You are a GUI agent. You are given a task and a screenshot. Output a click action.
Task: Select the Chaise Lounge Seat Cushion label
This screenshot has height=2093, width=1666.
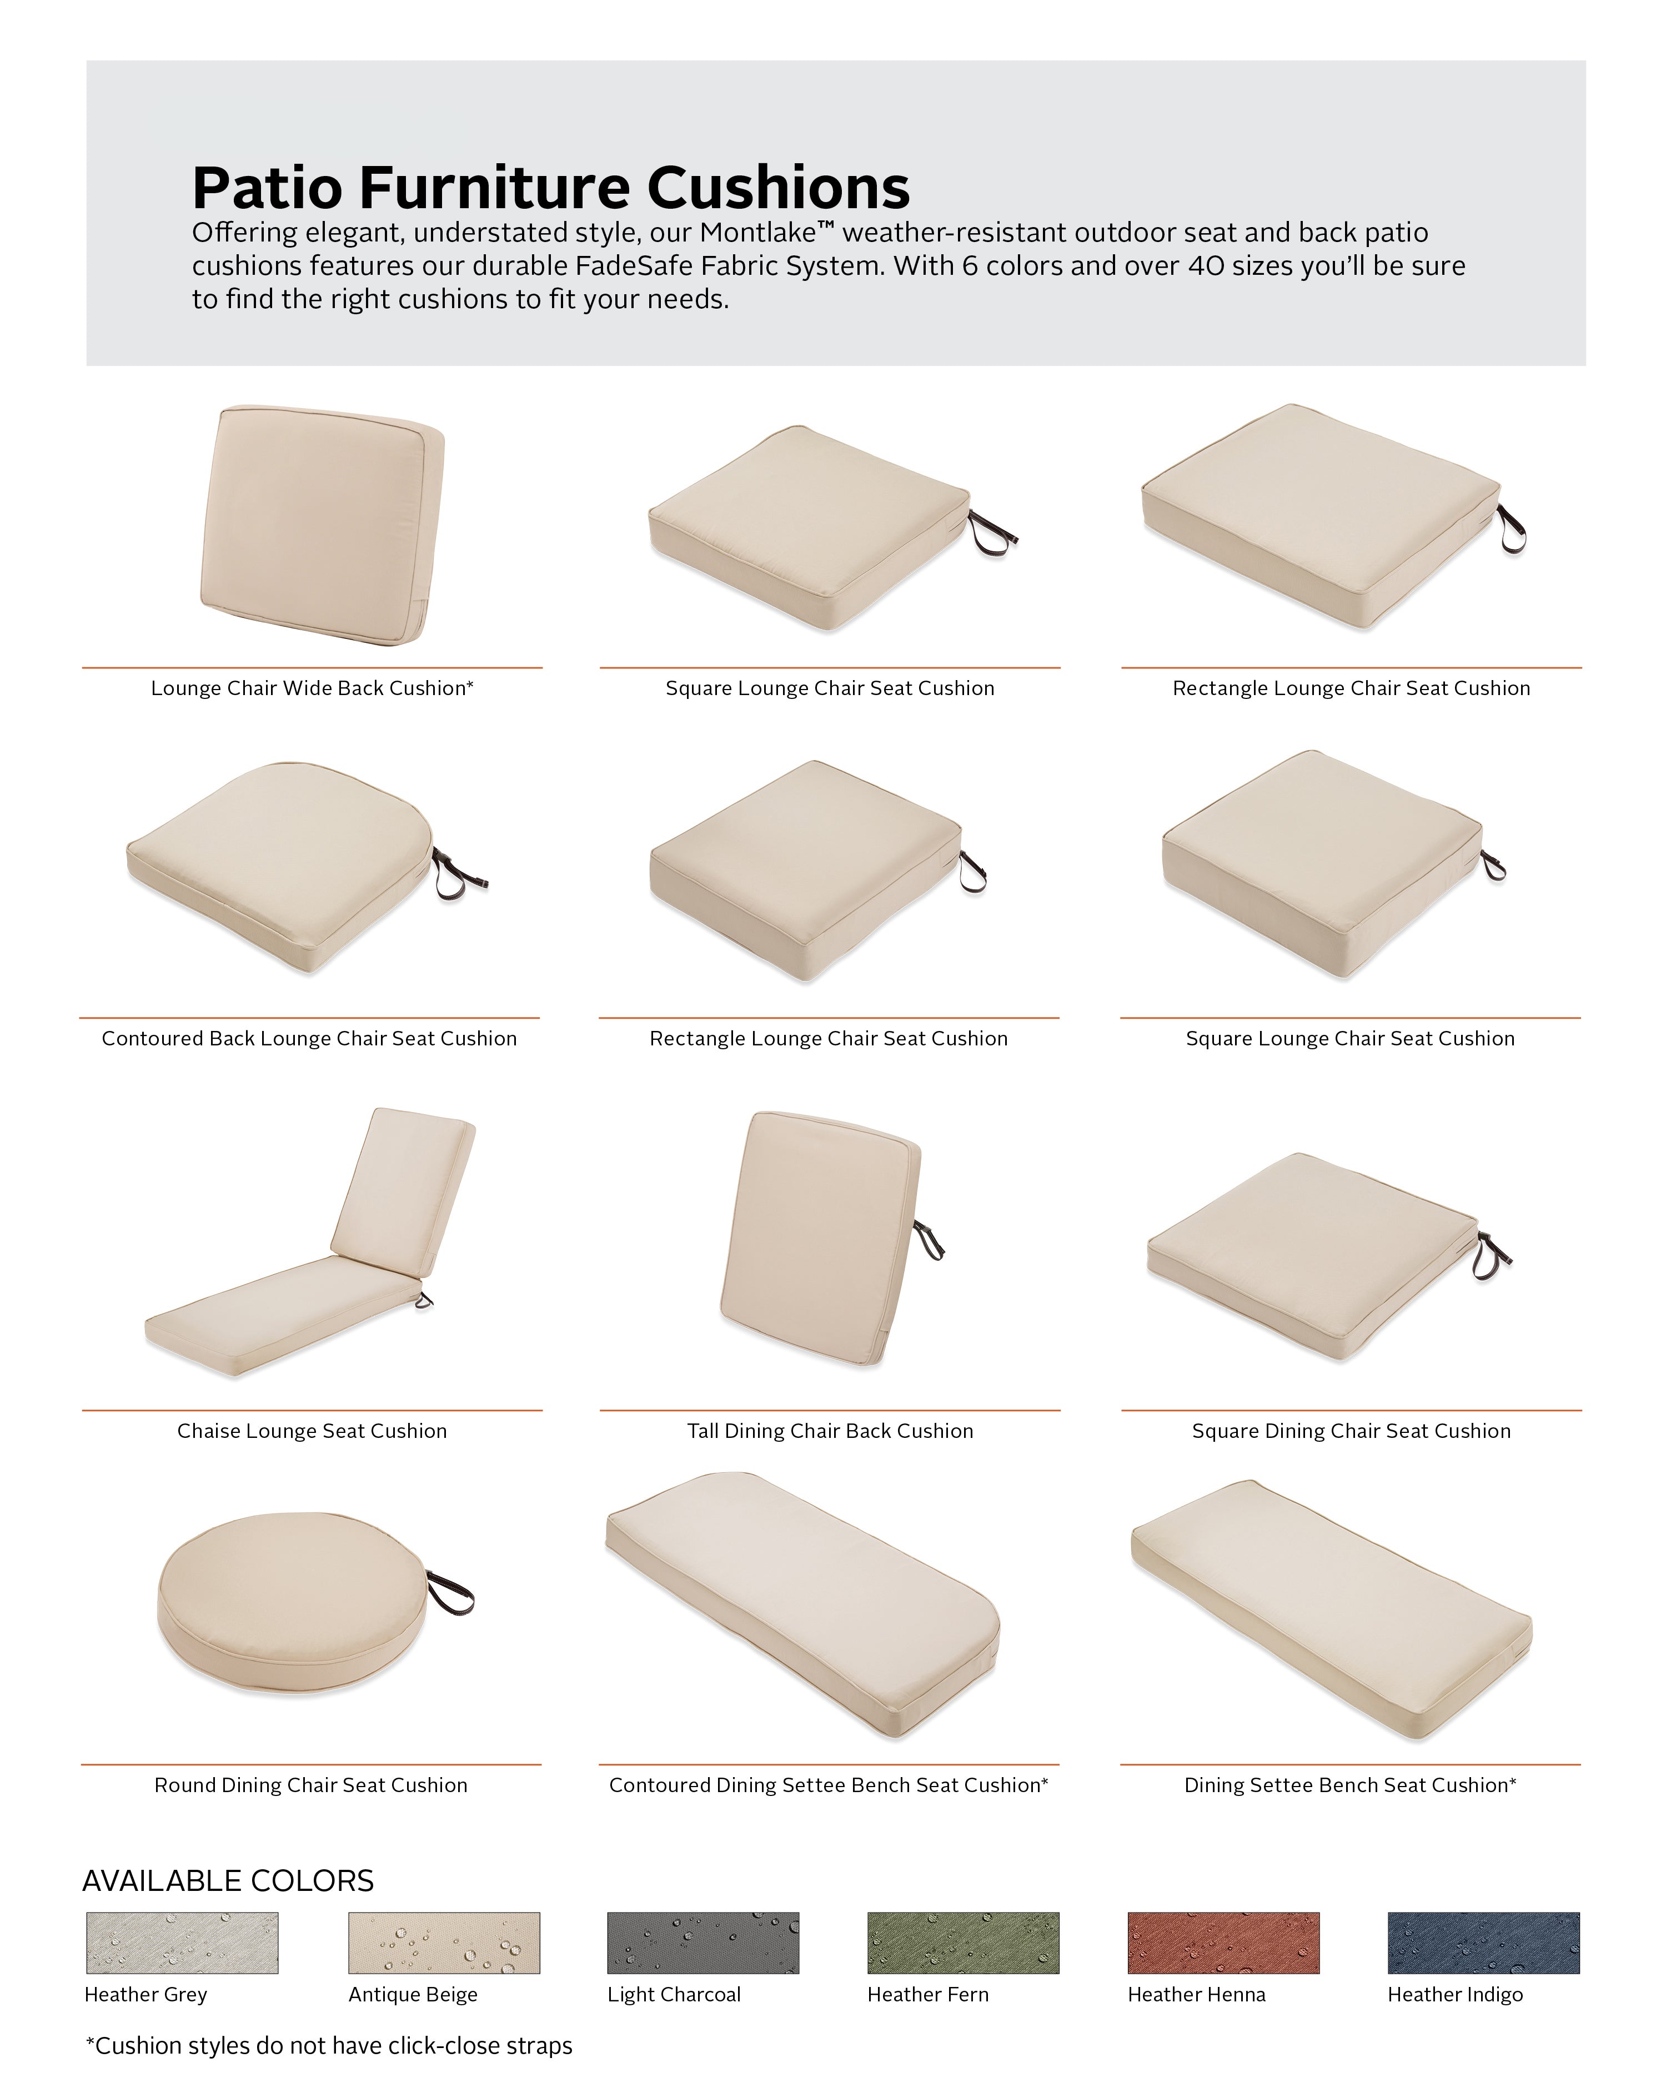pyautogui.click(x=312, y=1431)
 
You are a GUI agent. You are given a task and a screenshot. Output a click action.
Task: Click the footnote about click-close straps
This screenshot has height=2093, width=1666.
pyautogui.click(x=329, y=2045)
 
